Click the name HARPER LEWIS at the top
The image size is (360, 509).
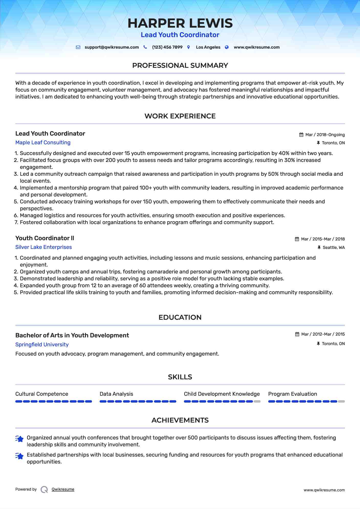click(180, 23)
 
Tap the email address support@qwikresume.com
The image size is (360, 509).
click(112, 47)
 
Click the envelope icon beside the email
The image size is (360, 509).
click(78, 47)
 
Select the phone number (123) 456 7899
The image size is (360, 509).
click(167, 47)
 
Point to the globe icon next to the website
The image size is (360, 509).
click(227, 47)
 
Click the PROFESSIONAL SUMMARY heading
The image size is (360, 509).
click(180, 65)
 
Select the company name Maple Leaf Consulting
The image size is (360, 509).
click(43, 142)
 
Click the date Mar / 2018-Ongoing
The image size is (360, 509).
click(325, 135)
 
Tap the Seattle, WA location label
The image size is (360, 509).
click(334, 248)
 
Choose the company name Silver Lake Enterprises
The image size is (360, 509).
click(43, 247)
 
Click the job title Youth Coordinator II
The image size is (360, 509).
click(45, 238)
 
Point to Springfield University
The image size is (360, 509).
click(42, 345)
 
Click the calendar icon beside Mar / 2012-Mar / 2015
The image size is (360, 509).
click(297, 334)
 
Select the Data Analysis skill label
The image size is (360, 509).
click(116, 394)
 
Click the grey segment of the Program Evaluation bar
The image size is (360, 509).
click(341, 402)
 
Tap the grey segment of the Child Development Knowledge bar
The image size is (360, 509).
click(257, 402)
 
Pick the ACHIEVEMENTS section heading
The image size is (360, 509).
click(180, 420)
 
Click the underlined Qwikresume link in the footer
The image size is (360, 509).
click(63, 489)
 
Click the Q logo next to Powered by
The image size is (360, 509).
click(44, 490)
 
